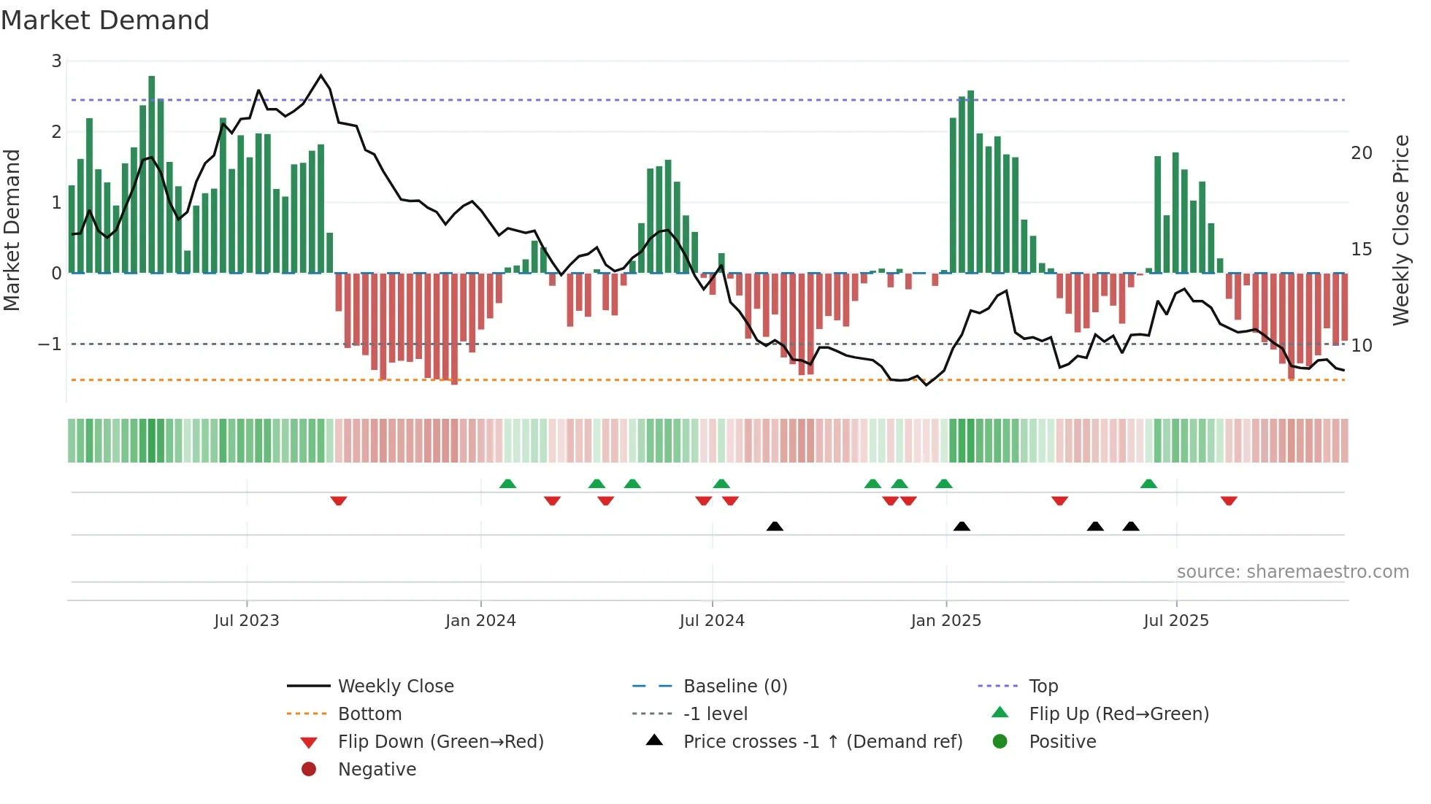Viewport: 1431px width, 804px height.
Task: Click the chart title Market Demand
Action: (105, 20)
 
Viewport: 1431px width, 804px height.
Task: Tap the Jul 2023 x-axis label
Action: (246, 621)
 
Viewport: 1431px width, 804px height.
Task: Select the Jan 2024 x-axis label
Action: (480, 621)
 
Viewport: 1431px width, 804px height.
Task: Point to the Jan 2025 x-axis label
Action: (945, 621)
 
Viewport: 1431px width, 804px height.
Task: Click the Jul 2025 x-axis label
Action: (1175, 621)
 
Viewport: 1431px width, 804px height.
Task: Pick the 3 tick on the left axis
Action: (56, 61)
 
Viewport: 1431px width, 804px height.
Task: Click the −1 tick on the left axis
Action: (50, 344)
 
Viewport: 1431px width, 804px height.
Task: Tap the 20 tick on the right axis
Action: (1361, 153)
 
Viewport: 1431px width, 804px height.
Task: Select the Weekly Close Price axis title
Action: (1400, 230)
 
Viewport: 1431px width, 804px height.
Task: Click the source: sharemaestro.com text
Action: (1292, 572)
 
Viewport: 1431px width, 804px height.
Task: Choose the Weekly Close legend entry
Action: (395, 687)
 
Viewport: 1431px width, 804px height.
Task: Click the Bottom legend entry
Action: (369, 714)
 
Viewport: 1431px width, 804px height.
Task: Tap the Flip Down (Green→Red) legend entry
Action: (440, 742)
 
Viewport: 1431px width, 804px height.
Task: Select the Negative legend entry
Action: (377, 770)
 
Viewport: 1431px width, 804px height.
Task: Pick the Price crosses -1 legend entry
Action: (822, 742)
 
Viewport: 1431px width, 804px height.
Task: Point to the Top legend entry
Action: (1043, 687)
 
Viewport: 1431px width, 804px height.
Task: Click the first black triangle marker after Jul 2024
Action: (775, 526)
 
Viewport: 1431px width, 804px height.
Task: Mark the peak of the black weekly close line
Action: (321, 75)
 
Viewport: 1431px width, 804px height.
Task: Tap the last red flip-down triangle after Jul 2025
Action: (1229, 500)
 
